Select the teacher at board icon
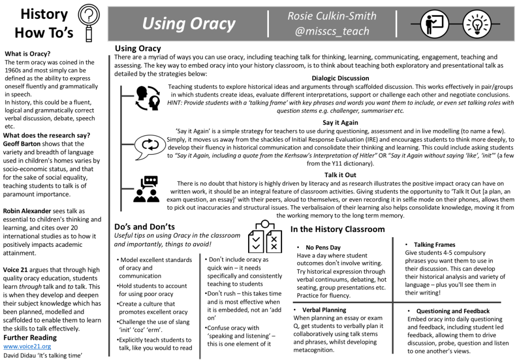[435, 23]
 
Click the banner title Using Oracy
[188, 24]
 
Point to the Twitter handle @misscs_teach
[332, 31]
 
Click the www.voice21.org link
[27, 346]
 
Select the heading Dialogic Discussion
[340, 78]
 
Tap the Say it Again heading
[340, 122]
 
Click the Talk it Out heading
[340, 175]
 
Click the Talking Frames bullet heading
[434, 245]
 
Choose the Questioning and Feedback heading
[453, 311]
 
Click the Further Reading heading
[30, 338]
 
